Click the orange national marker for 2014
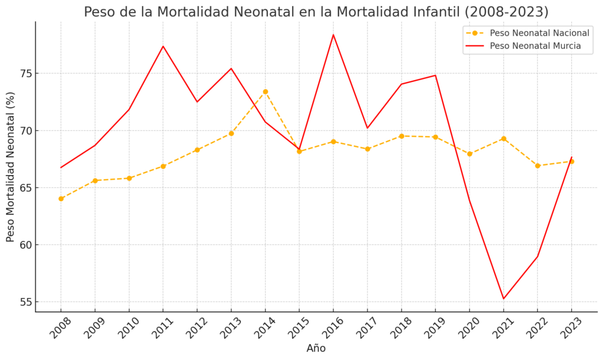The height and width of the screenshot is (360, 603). point(265,91)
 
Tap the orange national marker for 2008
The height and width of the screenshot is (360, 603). point(61,199)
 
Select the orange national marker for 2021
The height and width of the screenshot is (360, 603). point(503,138)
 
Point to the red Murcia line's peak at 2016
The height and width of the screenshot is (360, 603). point(333,35)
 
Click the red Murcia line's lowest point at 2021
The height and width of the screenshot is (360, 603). point(503,299)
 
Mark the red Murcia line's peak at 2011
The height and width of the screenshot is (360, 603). point(163,46)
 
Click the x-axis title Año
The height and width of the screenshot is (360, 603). point(316,348)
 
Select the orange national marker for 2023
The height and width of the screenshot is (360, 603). point(571,161)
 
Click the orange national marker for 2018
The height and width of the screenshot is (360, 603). point(401,136)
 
